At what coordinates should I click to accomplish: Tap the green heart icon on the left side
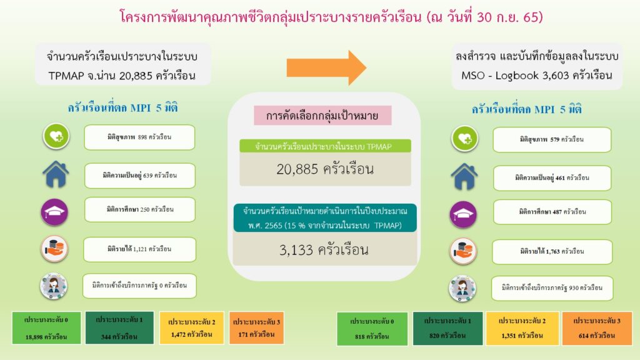pos(56,136)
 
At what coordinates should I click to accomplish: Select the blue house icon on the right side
pos(464,177)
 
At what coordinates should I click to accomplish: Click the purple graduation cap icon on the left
pos(55,212)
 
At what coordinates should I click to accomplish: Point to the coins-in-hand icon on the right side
pos(463,251)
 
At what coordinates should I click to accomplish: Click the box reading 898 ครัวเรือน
pos(139,137)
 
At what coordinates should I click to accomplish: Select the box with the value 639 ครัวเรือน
pos(139,176)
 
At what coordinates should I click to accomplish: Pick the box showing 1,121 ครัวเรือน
pos(139,249)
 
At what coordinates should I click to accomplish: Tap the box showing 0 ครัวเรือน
pos(139,285)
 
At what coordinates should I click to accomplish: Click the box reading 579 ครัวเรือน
pos(552,139)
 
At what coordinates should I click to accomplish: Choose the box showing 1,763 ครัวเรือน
pos(552,251)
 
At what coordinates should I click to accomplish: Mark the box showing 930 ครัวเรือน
pos(552,287)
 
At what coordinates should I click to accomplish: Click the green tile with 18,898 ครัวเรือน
pos(46,328)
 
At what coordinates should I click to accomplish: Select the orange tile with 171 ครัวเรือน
pos(256,328)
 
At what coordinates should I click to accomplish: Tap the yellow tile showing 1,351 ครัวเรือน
pos(522,329)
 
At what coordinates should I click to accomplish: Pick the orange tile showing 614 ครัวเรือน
pos(597,329)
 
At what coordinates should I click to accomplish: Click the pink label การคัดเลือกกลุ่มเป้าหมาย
pos(322,116)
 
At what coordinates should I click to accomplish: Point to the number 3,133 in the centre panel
pos(296,250)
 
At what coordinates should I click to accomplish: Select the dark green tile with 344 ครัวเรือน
pos(119,327)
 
